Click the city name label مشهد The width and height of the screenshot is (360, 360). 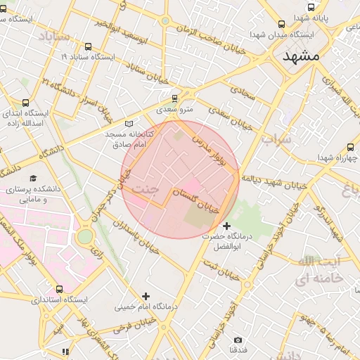pos(301,56)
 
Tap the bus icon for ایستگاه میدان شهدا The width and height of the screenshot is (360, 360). pos(282,23)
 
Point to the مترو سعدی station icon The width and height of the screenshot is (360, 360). pos(175,98)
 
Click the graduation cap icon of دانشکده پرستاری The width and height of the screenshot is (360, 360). pos(33,179)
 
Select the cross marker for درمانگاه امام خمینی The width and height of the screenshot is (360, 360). pos(146,296)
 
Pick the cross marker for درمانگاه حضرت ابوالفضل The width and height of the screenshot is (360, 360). pos(226,226)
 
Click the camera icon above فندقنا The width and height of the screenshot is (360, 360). pos(238,340)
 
